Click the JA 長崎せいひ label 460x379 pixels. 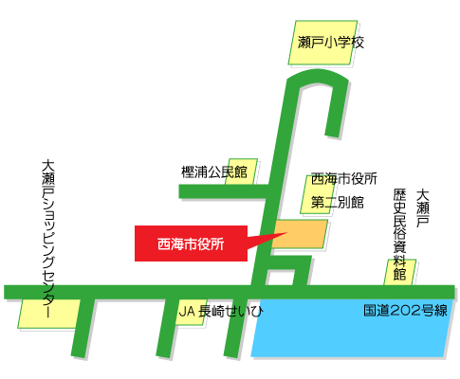(x=220, y=311)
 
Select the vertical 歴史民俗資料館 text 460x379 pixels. (x=399, y=233)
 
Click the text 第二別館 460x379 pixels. (x=337, y=202)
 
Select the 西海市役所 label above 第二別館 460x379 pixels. (x=343, y=179)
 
